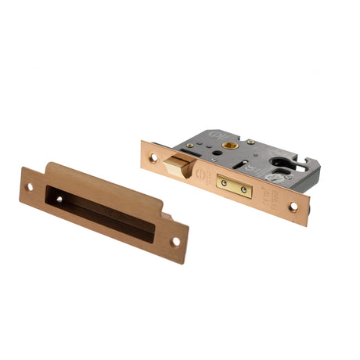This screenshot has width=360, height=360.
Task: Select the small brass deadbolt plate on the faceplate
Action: click(x=234, y=185)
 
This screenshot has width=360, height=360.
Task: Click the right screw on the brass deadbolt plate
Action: click(x=244, y=189)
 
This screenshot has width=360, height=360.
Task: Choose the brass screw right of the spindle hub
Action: click(x=250, y=142)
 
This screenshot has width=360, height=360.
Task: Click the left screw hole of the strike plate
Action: click(x=31, y=187)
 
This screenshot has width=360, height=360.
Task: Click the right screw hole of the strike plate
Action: click(x=175, y=240)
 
